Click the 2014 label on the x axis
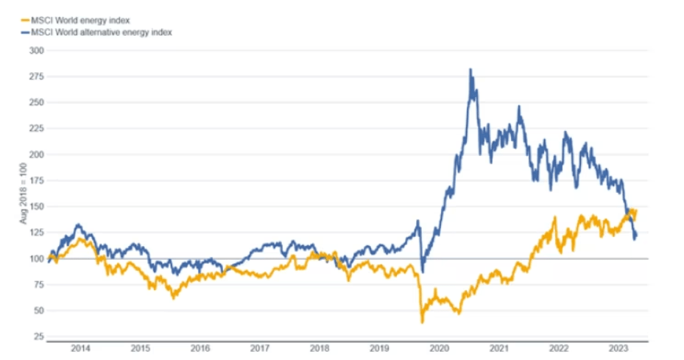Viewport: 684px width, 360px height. [81, 348]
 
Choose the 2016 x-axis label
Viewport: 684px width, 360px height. [200, 348]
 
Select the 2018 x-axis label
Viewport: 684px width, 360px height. [320, 348]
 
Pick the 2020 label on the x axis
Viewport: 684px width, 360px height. [439, 348]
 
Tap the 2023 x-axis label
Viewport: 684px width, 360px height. [618, 348]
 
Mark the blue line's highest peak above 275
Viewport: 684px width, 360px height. [470, 70]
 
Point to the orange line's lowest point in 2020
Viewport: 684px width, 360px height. [422, 322]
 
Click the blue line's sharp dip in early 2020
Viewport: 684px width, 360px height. [422, 271]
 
